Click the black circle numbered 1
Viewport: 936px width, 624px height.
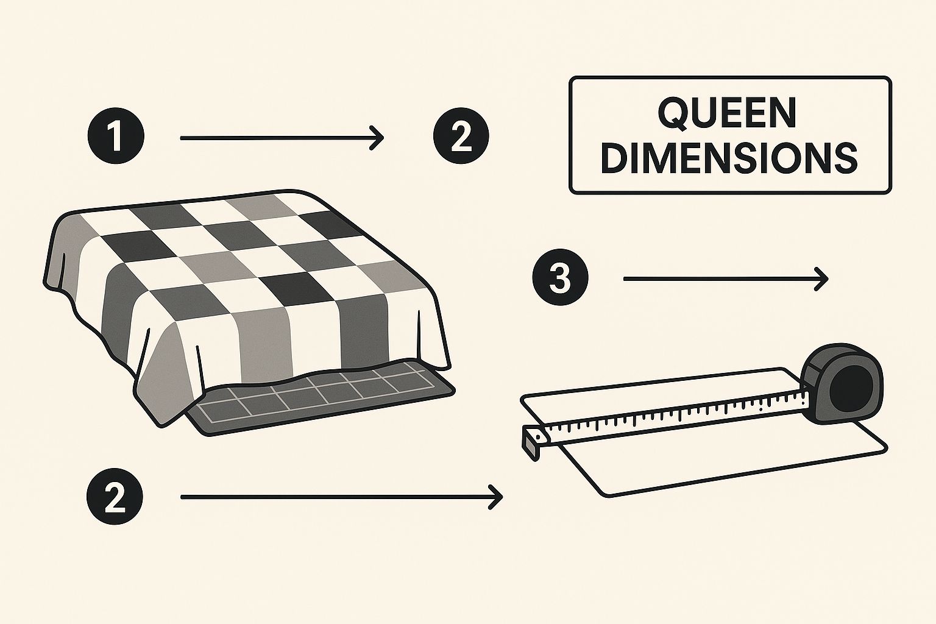point(116,136)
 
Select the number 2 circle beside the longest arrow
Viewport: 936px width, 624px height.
point(115,497)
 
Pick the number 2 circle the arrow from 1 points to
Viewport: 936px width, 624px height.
point(461,136)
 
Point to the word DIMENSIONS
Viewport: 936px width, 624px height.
point(729,159)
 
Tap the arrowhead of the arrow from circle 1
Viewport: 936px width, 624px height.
point(377,137)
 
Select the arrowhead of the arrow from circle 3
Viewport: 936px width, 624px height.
point(821,278)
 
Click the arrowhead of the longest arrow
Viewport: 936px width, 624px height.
point(496,497)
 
